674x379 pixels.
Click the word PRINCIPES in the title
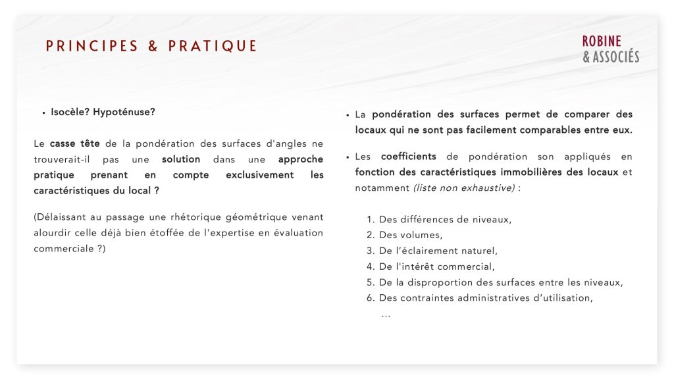tap(91, 46)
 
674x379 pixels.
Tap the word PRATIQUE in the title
tap(213, 46)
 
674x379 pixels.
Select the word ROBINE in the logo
tap(602, 41)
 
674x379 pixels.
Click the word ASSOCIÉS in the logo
tap(616, 57)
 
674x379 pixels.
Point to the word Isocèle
tap(70, 112)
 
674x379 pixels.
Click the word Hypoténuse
tap(124, 112)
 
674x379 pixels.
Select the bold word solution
tap(181, 159)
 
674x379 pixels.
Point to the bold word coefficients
tap(409, 157)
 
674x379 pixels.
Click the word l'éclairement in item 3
tap(422, 251)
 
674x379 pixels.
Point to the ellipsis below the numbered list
tap(386, 315)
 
